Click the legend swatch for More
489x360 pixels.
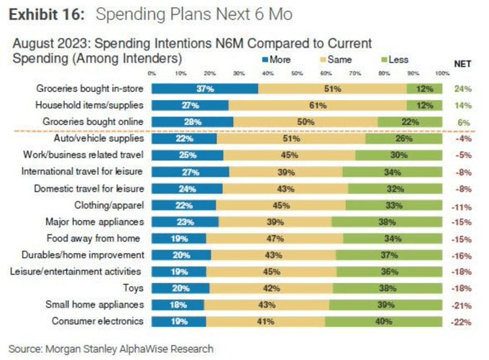pos(265,60)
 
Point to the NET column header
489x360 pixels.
pos(462,63)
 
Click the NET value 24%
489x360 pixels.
pos(462,89)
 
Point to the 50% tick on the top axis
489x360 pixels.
pos(297,73)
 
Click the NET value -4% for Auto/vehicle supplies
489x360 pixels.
pos(462,138)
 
